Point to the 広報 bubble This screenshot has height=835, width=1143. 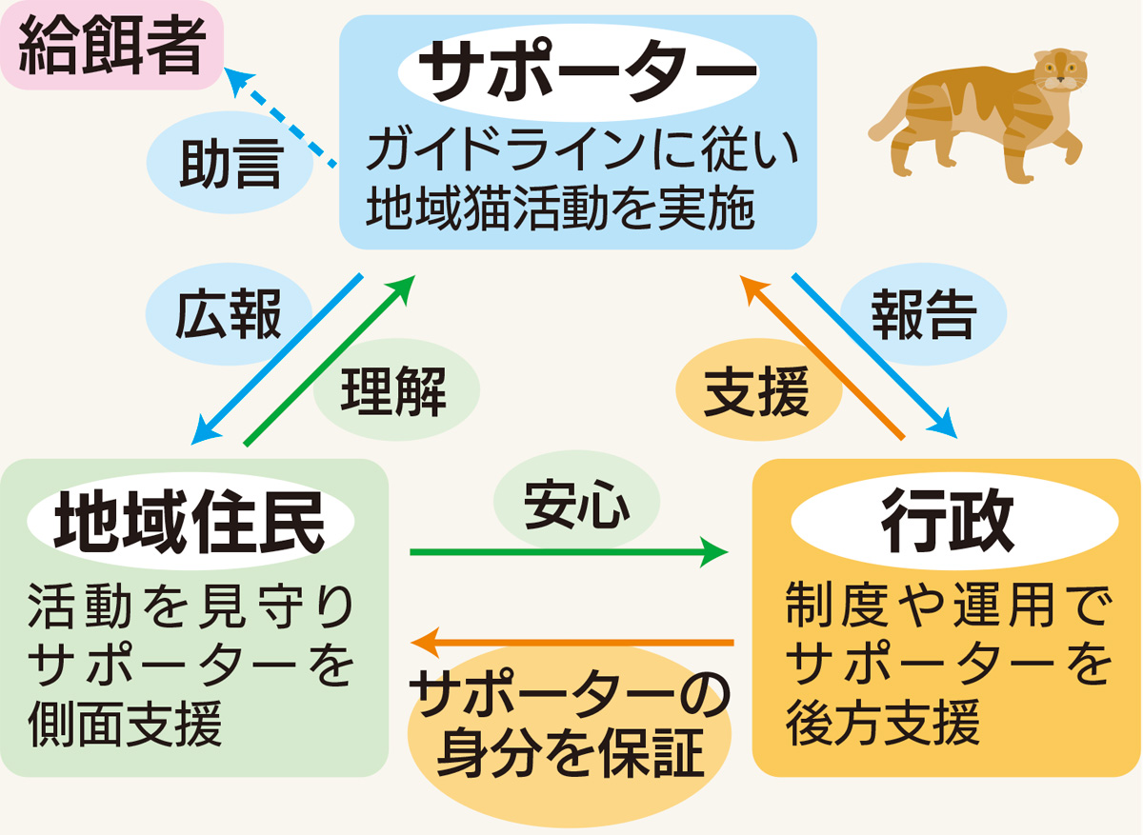click(229, 316)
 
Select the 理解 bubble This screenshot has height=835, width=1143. click(393, 390)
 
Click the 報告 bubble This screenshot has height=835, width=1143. click(923, 315)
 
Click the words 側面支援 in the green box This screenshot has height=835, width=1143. click(126, 725)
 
